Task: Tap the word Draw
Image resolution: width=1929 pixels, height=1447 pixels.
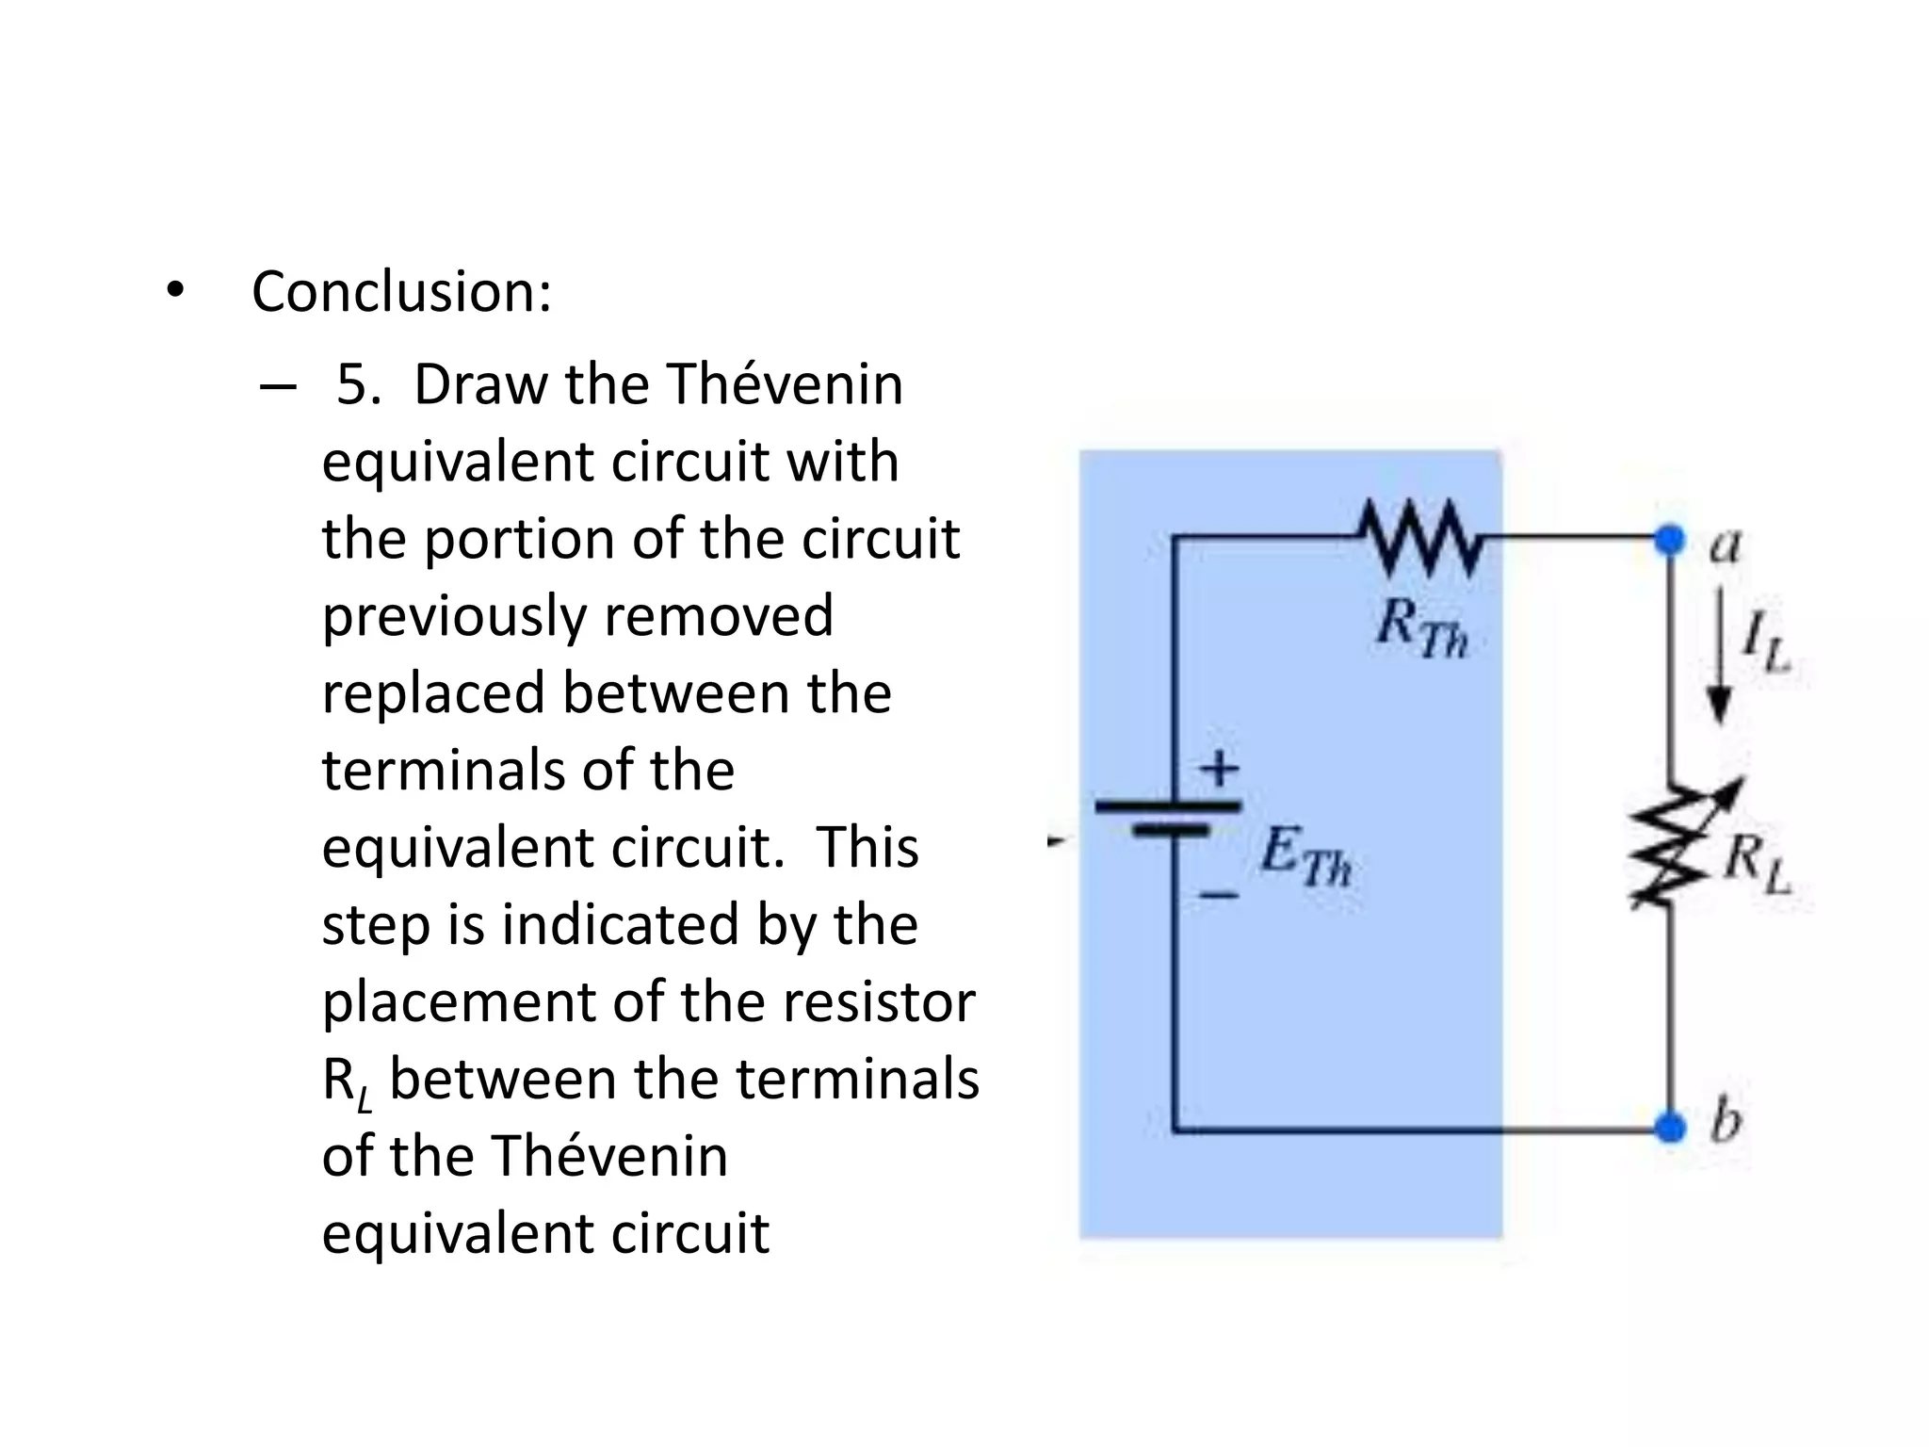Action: pyautogui.click(x=480, y=385)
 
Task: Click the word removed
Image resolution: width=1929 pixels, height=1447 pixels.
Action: pyautogui.click(x=719, y=616)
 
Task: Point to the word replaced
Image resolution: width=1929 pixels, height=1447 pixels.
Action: pyautogui.click(x=432, y=694)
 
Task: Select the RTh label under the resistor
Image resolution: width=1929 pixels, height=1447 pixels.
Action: pyautogui.click(x=1421, y=627)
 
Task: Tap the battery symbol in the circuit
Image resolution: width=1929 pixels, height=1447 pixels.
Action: pyautogui.click(x=1169, y=818)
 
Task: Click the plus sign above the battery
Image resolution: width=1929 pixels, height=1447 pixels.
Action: pyautogui.click(x=1220, y=767)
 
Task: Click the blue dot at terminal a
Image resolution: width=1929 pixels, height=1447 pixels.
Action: pyautogui.click(x=1670, y=540)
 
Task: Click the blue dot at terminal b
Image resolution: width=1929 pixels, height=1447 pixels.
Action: pyautogui.click(x=1670, y=1127)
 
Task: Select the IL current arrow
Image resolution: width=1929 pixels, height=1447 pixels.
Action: pyautogui.click(x=1721, y=655)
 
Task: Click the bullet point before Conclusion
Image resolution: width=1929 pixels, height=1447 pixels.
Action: pyautogui.click(x=174, y=291)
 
